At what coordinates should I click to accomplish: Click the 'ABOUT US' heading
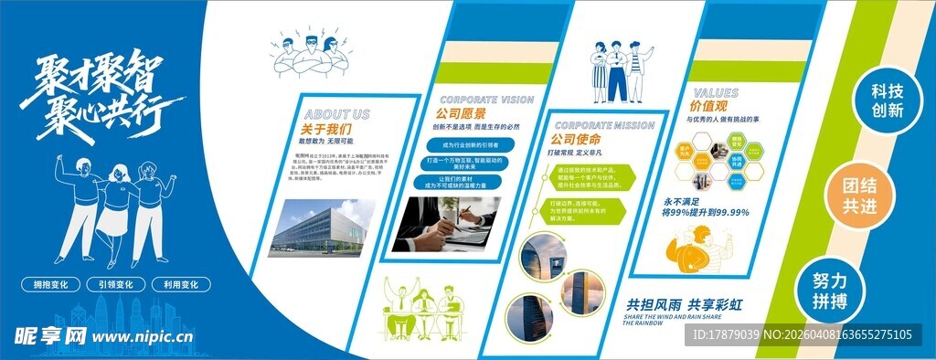pyautogui.click(x=335, y=114)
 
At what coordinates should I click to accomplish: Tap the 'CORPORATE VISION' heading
pyautogui.click(x=487, y=100)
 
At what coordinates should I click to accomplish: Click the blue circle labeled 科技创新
pyautogui.click(x=886, y=101)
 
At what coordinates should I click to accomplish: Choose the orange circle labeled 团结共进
pyautogui.click(x=860, y=197)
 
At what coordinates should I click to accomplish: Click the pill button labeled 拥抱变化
pyautogui.click(x=50, y=285)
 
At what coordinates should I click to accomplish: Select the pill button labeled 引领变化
pyautogui.click(x=114, y=285)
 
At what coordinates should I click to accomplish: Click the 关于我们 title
pyautogui.click(x=326, y=129)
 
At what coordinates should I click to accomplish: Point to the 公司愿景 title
pyautogui.click(x=460, y=114)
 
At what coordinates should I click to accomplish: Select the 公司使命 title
pyautogui.click(x=575, y=140)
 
